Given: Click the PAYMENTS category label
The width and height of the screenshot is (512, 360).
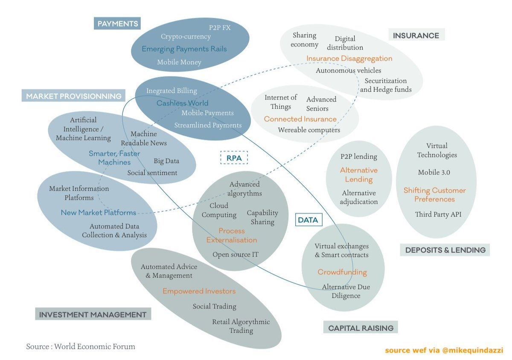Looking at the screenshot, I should coord(117,23).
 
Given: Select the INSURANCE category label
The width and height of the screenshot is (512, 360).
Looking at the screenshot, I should coord(416,35).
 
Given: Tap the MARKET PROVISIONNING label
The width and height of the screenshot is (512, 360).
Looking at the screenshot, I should coord(73,96).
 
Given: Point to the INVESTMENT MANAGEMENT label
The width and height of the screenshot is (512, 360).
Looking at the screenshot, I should coord(93,315).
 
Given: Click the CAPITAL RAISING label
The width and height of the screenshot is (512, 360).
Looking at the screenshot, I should coord(361,328).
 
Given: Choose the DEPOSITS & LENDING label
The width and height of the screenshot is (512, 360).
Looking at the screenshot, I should coord(445,250).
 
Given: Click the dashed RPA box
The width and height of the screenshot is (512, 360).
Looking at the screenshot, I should coord(234,158).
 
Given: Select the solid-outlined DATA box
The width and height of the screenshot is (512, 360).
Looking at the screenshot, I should coord(308,220).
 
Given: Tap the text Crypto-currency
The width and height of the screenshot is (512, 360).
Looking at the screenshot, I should coord(186,37).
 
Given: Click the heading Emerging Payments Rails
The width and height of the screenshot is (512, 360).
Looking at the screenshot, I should coord(184,49).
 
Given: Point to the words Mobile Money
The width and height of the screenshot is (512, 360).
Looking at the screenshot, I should coord(179,62).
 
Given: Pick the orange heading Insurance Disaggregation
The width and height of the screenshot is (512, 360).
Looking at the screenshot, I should coord(349,59).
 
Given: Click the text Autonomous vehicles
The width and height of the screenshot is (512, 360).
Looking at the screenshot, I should coord(348,70).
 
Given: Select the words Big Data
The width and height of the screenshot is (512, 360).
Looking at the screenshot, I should coord(166,161).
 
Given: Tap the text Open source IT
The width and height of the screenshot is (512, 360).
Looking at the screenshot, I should coord(235,255).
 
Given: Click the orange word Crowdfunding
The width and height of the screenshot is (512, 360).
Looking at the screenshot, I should coord(342,272).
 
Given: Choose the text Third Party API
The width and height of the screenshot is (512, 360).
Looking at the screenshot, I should coord(438,214).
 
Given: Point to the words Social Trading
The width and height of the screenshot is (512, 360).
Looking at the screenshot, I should coord(214,306).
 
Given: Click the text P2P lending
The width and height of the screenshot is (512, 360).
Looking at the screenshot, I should coord(358,156).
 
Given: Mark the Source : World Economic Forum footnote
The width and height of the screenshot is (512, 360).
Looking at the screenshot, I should coord(80,346).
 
